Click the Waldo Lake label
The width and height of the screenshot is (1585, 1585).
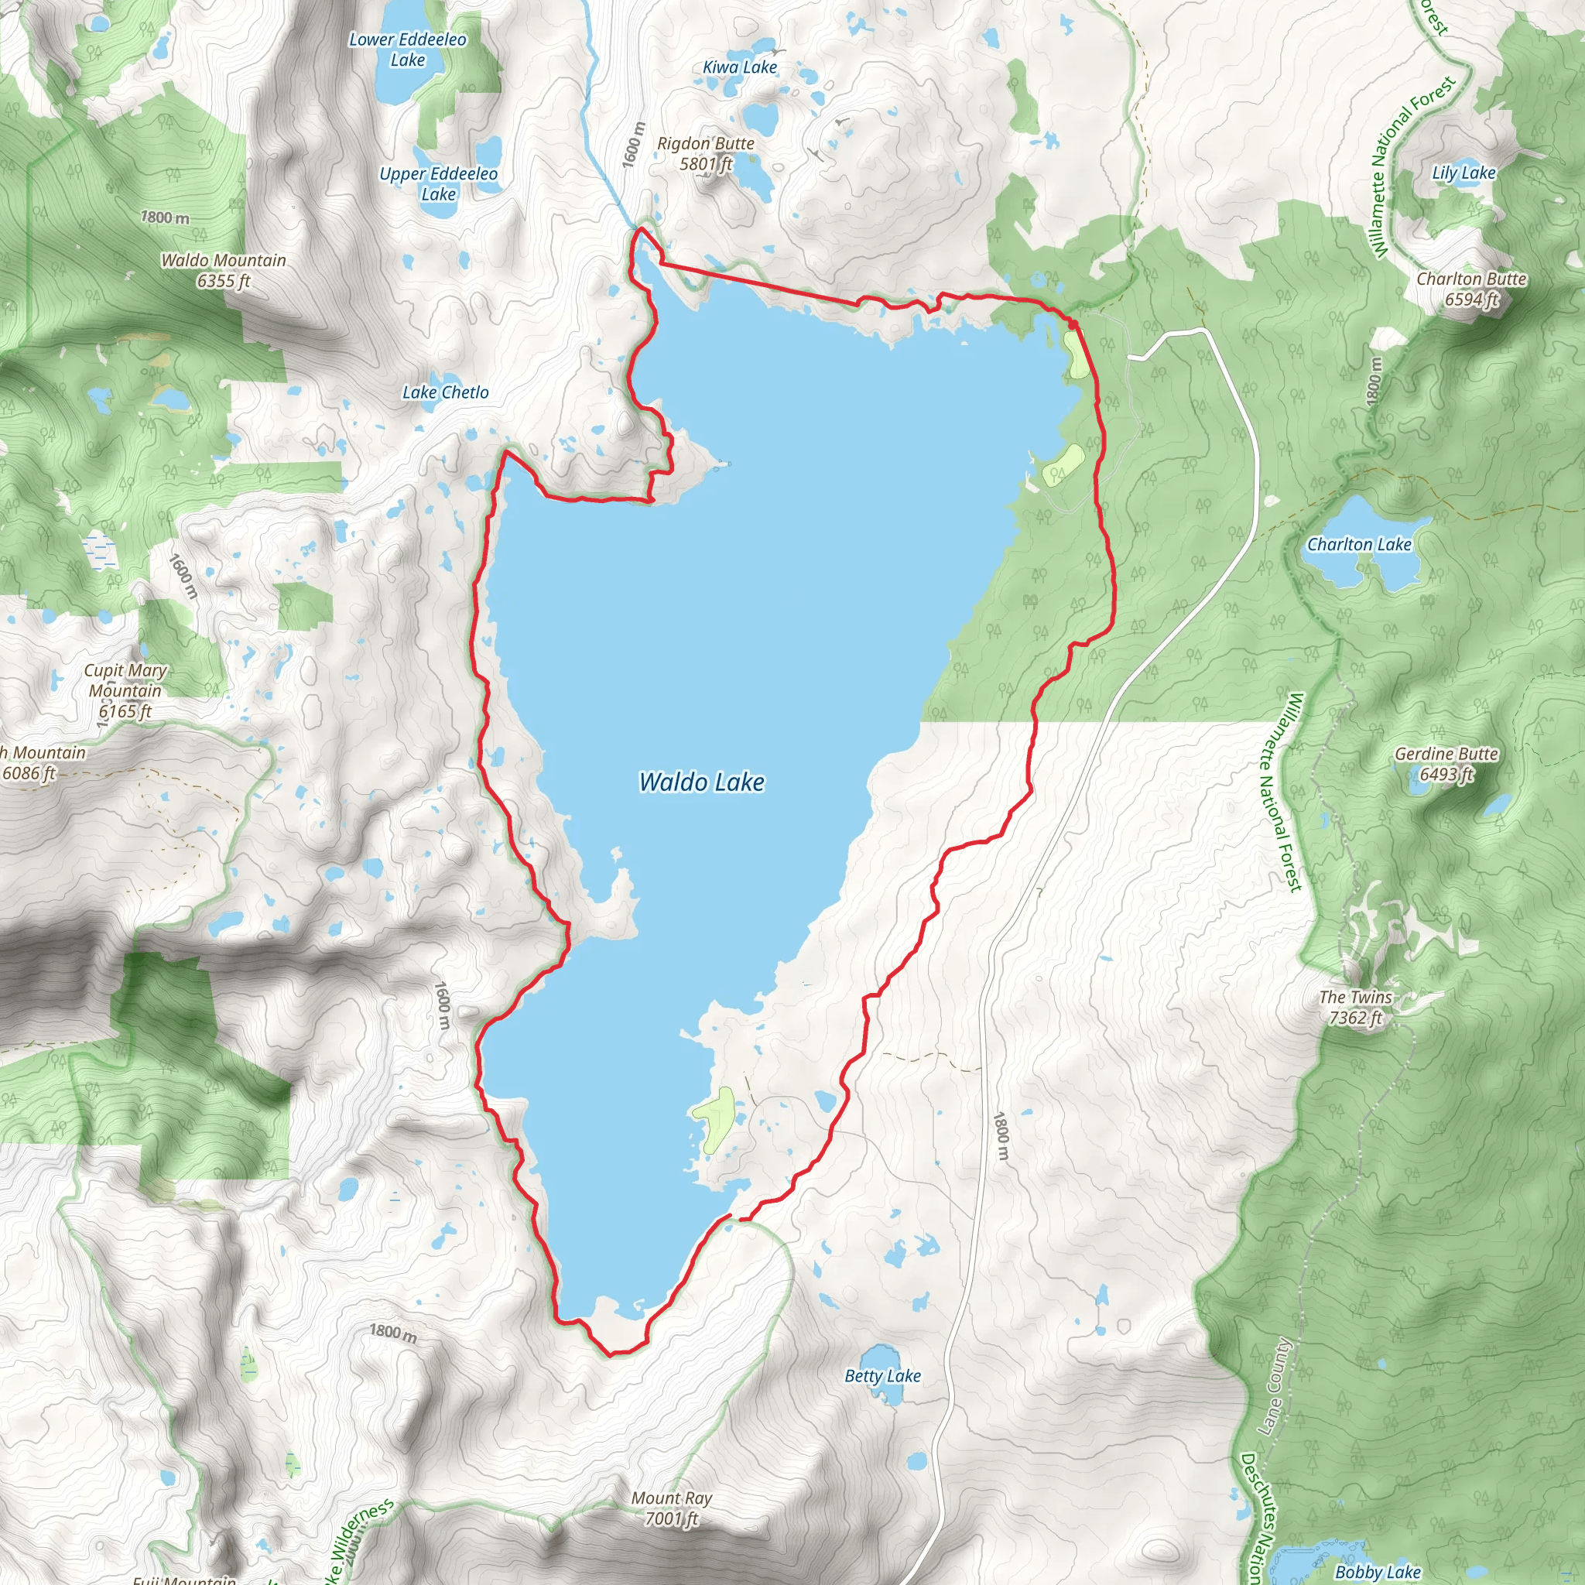701,782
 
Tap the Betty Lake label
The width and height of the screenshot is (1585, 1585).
883,1376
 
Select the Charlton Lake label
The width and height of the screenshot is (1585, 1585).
1358,545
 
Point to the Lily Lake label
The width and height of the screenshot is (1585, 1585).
1463,173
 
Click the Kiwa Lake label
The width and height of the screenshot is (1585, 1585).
739,67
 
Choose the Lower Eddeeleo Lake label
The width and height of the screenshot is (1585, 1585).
408,50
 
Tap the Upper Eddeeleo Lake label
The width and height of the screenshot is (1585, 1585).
438,183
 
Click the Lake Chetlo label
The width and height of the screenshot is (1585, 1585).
445,393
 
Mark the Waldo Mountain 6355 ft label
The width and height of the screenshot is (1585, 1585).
223,271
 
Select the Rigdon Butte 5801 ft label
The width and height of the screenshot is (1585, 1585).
706,153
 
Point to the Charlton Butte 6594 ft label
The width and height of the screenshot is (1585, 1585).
1471,289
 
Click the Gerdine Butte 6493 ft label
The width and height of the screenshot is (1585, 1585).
1446,764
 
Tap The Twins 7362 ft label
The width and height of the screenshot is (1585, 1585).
1355,1008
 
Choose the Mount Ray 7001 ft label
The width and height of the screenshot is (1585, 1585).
671,1508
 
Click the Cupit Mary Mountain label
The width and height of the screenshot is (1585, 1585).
125,691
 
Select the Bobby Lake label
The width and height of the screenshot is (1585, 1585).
1378,1572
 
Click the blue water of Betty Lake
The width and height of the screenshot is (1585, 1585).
879,1354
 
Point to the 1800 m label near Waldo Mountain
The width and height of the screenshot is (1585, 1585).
165,217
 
